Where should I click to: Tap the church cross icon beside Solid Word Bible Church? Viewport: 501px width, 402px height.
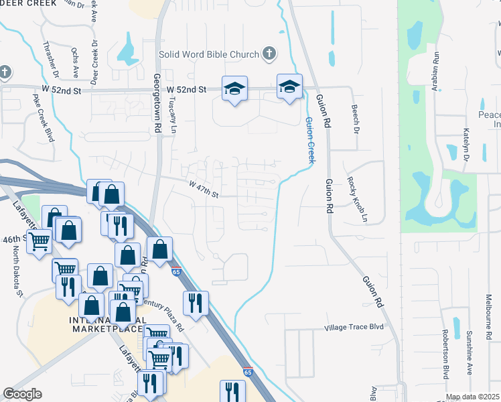pos(269,53)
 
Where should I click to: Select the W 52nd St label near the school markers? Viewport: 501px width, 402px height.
pos(186,88)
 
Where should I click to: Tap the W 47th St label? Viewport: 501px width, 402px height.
pos(204,190)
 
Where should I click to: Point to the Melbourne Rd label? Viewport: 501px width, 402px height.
pos(488,315)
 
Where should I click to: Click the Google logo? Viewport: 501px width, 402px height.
pos(22,394)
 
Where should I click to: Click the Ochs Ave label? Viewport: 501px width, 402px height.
pos(75,62)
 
